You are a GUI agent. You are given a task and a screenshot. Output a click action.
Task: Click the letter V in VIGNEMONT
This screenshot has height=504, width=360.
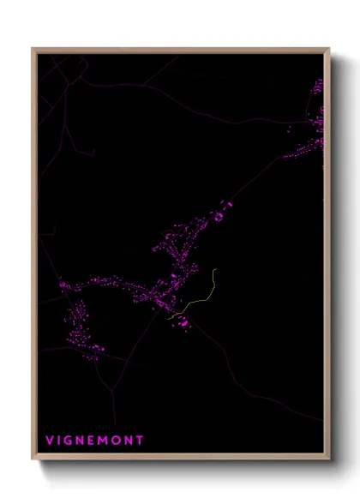click(50, 441)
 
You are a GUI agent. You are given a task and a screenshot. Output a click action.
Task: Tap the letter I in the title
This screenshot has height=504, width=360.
click(60, 441)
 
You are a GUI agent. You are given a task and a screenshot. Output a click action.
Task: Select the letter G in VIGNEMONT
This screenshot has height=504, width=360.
click(70, 441)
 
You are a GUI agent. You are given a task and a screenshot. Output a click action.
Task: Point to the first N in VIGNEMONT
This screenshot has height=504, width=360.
click(82, 441)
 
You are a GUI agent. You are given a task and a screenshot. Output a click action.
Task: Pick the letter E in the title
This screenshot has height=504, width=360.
click(93, 441)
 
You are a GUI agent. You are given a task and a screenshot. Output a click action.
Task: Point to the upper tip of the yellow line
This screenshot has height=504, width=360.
click(216, 270)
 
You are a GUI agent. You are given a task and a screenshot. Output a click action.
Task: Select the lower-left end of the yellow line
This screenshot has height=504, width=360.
click(169, 319)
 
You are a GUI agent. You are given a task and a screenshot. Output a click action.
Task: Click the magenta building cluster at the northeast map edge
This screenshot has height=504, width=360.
click(315, 120)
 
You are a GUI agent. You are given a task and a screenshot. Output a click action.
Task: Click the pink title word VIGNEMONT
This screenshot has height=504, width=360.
click(94, 441)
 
